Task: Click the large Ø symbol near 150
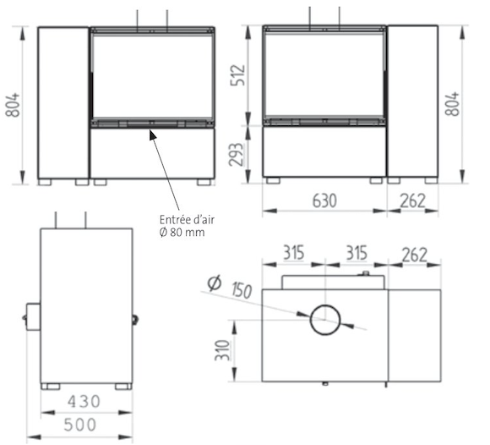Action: click(214, 283)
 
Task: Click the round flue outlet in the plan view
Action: click(326, 321)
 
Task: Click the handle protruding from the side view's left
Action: click(32, 318)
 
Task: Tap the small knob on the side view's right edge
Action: click(135, 319)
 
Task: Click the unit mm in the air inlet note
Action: click(199, 232)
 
